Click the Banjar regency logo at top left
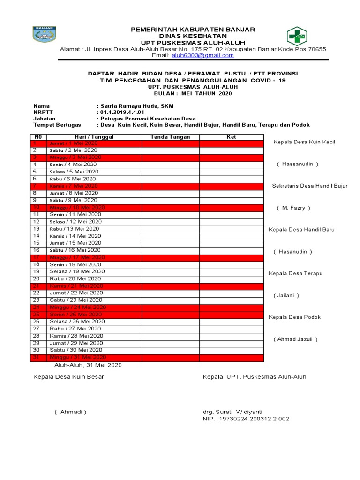(x=45, y=35)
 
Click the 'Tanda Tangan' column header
(x=170, y=137)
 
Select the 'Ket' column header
(x=231, y=137)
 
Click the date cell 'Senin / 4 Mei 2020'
(x=73, y=165)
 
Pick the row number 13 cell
(x=37, y=229)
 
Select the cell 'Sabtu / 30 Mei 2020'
(x=76, y=350)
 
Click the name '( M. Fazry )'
(x=293, y=208)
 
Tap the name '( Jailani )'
(x=286, y=295)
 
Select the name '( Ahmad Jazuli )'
(x=296, y=339)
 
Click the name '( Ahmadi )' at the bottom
(x=70, y=412)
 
